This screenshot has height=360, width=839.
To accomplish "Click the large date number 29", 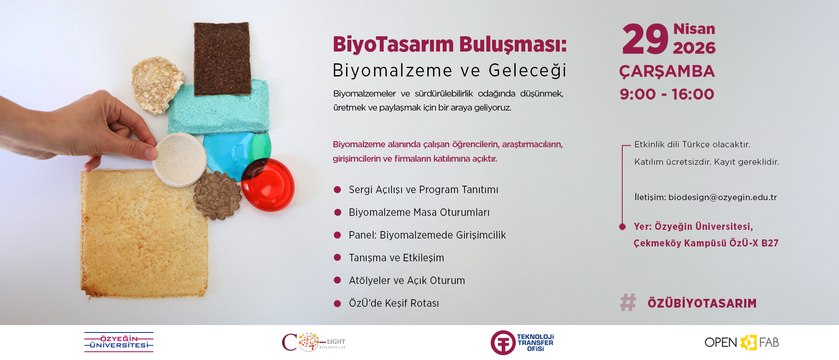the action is pos(645,39).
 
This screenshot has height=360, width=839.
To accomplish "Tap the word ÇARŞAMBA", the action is pos(667,71).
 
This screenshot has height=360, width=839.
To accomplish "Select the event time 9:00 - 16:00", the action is pos(667,94).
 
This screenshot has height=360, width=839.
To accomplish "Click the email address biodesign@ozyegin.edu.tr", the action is pos(723,197).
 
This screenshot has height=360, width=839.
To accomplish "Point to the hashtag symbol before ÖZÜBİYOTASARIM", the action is pos(628,302).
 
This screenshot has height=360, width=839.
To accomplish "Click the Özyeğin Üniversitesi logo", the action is pos(119,342).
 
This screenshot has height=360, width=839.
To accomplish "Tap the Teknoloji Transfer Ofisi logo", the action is pos(522,343).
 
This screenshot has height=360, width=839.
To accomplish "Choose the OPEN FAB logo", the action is pos(742,343).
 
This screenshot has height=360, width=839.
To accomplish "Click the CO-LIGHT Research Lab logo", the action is pos(314,342).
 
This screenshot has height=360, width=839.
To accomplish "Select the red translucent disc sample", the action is pos(268,185).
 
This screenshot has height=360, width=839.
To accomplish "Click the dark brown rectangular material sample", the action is pos(222,59).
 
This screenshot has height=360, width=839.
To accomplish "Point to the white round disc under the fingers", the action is pos(180,159).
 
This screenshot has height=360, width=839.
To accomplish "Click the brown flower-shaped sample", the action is pos(217,195).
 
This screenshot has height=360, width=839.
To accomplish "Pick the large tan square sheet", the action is pos(144,234).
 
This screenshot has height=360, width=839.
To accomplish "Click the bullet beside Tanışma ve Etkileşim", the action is pos(337,258).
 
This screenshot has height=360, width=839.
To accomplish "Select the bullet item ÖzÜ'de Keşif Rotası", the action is pos(394,303).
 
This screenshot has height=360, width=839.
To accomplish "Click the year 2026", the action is pos(694,48).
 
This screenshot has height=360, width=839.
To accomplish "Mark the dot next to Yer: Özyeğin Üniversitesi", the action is pos(622,226).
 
